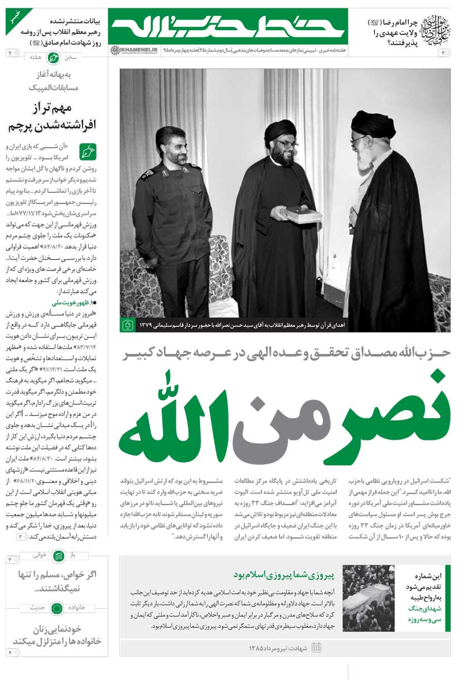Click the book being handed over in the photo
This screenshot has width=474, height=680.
(x=304, y=214)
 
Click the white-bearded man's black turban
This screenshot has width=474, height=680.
(x=373, y=124)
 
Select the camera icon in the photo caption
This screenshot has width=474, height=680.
(x=128, y=324)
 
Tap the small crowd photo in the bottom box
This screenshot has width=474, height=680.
(x=369, y=597)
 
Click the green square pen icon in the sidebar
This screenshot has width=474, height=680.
(x=88, y=152)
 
